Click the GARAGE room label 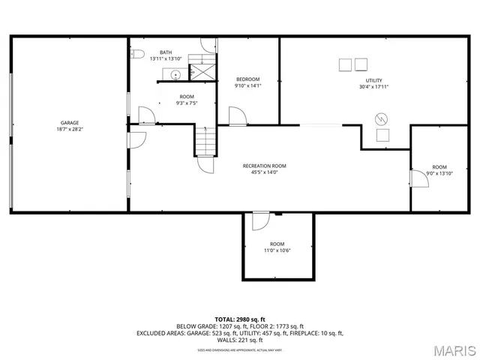(70, 123)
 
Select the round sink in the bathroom (174, 74)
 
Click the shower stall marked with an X (201, 72)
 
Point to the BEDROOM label (247, 79)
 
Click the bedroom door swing (236, 115)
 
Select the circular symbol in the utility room (382, 118)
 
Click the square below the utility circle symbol (382, 135)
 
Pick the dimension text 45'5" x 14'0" (264, 172)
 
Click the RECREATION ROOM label (264, 166)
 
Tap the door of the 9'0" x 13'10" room (417, 177)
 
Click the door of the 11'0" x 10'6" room (259, 221)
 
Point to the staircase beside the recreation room (205, 139)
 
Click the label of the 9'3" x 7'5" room (186, 97)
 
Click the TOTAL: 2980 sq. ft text (240, 319)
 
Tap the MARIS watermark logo (454, 349)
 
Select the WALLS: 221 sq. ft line (240, 340)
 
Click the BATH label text (165, 52)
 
